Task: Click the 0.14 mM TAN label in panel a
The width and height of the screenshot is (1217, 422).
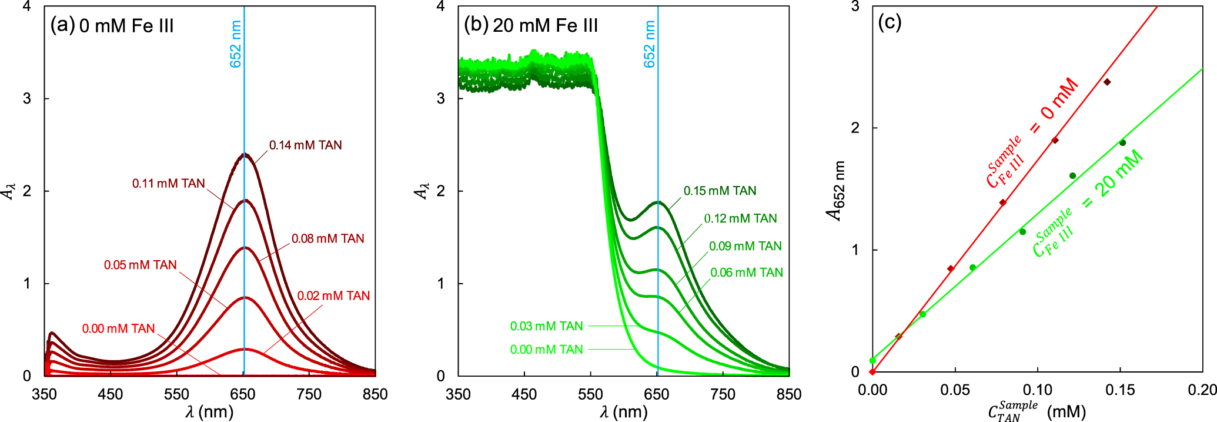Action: click(x=305, y=145)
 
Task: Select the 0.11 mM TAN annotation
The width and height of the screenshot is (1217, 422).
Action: click(x=168, y=184)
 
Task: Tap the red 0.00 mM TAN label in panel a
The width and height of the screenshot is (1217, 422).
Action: click(x=118, y=328)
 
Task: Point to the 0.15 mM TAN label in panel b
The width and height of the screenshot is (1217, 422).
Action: click(x=720, y=191)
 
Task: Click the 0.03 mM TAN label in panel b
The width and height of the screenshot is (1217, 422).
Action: click(x=546, y=326)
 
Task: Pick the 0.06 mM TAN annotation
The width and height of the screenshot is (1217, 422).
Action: click(x=747, y=273)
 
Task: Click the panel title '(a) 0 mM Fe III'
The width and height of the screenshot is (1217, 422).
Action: click(x=112, y=26)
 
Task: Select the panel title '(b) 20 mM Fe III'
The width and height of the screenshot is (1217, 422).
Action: click(x=530, y=25)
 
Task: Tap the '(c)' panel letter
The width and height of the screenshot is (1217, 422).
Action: click(x=890, y=22)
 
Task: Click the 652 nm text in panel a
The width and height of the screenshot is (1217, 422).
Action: click(x=236, y=44)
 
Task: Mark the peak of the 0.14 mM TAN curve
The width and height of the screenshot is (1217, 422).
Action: click(x=245, y=155)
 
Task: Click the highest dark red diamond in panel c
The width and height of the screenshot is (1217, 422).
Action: click(x=1107, y=82)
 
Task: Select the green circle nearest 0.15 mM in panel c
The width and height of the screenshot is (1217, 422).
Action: click(x=1122, y=142)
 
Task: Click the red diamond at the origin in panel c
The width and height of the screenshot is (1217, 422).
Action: click(x=872, y=371)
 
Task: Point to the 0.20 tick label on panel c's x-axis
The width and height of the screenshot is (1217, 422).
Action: click(x=1202, y=390)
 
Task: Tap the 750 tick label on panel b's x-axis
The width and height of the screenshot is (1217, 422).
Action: click(x=723, y=394)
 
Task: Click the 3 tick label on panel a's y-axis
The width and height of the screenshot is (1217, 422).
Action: click(x=27, y=98)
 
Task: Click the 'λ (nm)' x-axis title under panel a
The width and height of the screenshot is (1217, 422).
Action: click(x=209, y=411)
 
